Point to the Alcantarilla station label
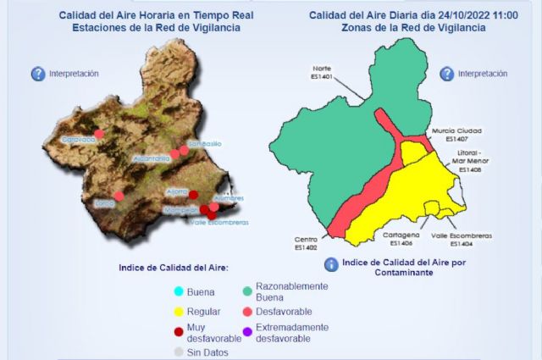tap(152, 158)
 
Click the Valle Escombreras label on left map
tap(218, 222)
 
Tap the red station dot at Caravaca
tap(99, 133)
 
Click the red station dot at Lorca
tap(119, 196)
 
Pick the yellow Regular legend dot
tap(179, 312)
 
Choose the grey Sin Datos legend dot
tap(179, 352)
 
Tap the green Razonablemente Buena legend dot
tap(248, 291)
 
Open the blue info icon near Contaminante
tap(331, 264)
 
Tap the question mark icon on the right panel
tap(445, 74)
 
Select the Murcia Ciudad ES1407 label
tap(456, 134)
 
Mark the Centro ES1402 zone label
tap(306, 243)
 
